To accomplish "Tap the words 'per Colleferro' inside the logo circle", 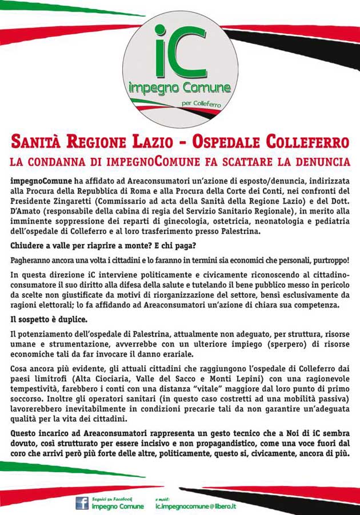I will point(201,104).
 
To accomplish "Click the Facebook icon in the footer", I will point(82,503).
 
